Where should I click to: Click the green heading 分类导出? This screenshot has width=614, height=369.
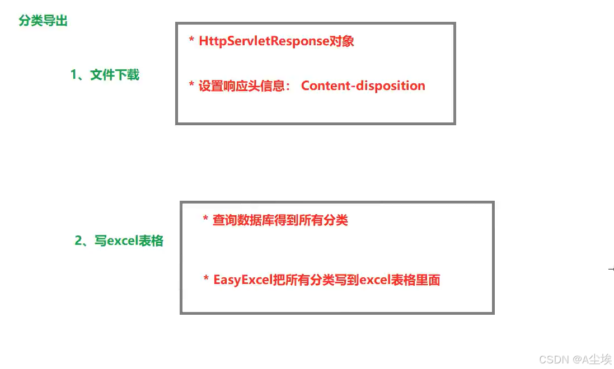tap(43, 22)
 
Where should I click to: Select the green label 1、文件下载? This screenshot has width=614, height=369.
tap(105, 74)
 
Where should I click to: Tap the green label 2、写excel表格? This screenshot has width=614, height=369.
tap(119, 241)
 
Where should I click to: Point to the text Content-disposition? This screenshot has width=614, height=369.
tap(363, 86)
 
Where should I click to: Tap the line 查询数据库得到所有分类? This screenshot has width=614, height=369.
tap(280, 220)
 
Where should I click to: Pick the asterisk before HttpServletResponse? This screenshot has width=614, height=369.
tap(191, 42)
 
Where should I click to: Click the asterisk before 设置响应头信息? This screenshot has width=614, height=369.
tap(191, 87)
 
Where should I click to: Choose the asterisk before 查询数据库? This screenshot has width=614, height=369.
tap(205, 220)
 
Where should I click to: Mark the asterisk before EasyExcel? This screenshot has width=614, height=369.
tap(206, 280)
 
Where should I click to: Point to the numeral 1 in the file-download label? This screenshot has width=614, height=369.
tap(73, 74)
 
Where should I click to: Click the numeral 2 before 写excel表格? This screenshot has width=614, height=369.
tap(78, 241)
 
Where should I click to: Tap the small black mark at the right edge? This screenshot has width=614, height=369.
tap(610, 269)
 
